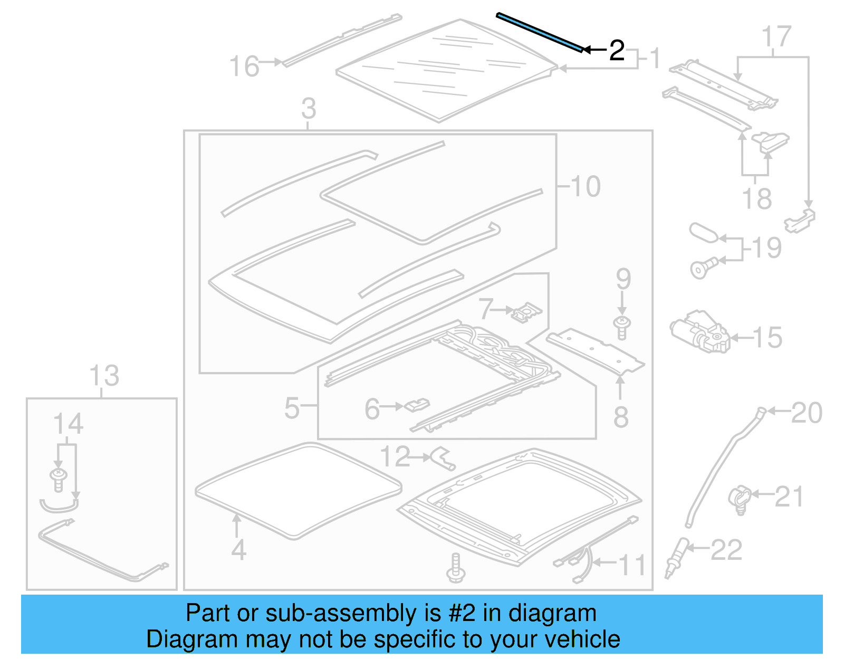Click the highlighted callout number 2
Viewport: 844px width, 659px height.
(x=617, y=51)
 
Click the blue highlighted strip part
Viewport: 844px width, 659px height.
(x=540, y=33)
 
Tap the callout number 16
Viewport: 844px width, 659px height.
(x=244, y=67)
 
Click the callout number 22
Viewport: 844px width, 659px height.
(x=726, y=550)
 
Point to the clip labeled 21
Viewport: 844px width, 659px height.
(x=740, y=499)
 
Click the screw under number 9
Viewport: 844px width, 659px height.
(x=622, y=328)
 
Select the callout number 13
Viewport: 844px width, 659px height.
(x=104, y=376)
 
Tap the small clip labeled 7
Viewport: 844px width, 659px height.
(x=525, y=313)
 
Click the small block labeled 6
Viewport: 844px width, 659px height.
(x=417, y=406)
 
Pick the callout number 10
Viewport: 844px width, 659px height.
(x=586, y=186)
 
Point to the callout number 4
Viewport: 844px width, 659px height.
(x=238, y=550)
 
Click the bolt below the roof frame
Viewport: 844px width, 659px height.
(x=456, y=568)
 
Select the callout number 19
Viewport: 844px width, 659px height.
(x=766, y=247)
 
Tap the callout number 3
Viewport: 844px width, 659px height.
(x=309, y=109)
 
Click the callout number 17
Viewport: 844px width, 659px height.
(x=776, y=37)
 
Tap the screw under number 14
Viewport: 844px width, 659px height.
(x=58, y=478)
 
